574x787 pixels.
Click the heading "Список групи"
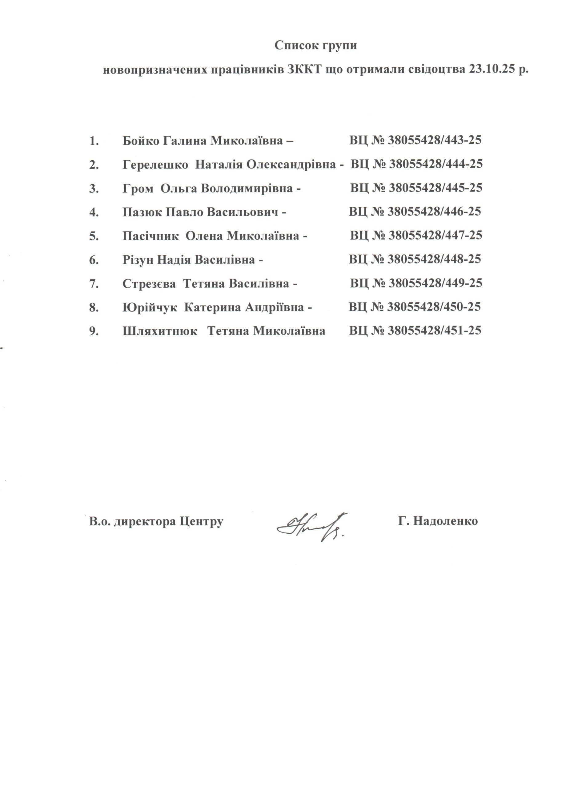315,46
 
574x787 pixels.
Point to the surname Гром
138,188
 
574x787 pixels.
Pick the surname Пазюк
142,212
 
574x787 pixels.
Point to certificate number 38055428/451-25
434,330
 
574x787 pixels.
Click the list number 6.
94,259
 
